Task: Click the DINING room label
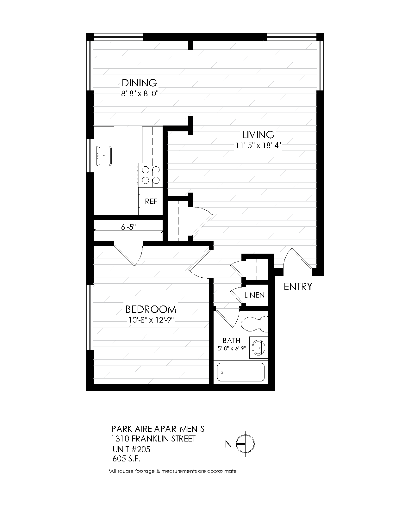point(139,83)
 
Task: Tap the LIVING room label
point(259,135)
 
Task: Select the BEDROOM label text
point(151,309)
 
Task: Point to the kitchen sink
point(104,156)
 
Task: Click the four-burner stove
point(151,175)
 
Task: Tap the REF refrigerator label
point(151,201)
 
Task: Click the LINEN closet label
point(254,295)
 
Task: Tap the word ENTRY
point(298,287)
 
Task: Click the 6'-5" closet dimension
point(128,227)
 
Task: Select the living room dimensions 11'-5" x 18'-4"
point(259,145)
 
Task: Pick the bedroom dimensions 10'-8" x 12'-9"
point(151,320)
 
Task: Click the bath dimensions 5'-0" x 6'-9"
point(232,349)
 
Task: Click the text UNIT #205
point(131,449)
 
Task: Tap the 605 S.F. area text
point(126,459)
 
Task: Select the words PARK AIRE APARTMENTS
point(158,429)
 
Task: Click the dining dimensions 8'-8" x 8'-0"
point(140,94)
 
